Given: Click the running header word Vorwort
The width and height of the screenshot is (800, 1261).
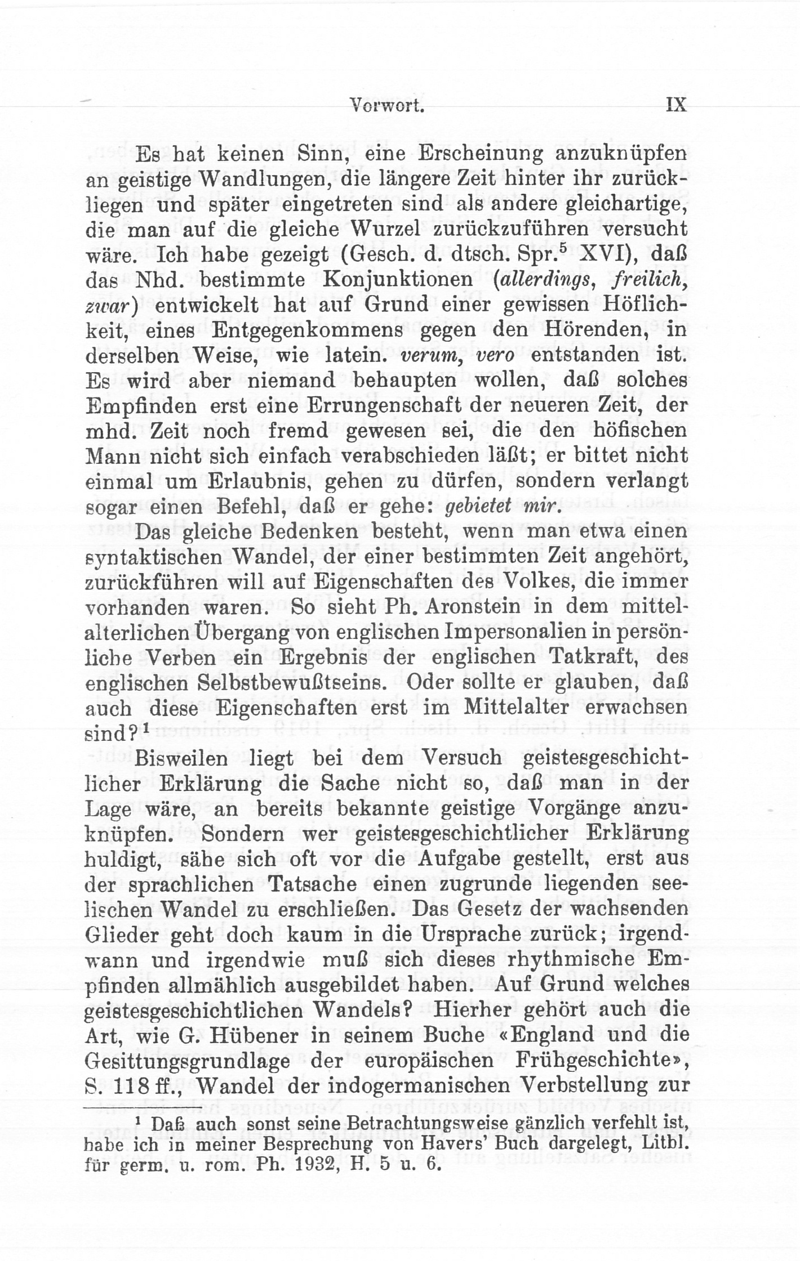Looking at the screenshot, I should (386, 105).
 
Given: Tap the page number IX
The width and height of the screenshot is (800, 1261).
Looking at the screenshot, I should (675, 104).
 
